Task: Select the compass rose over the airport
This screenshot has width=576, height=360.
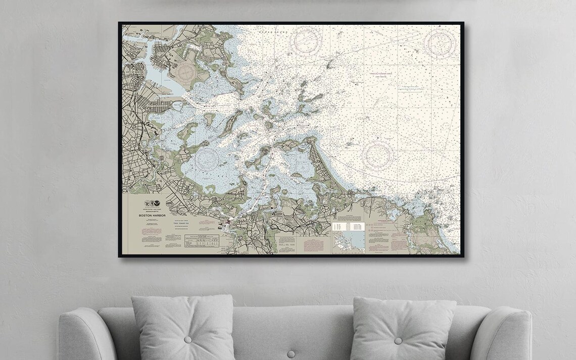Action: coord(187,73)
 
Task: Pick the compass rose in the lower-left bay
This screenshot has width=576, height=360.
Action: coord(208,158)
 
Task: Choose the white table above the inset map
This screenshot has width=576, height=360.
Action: coord(348,227)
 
